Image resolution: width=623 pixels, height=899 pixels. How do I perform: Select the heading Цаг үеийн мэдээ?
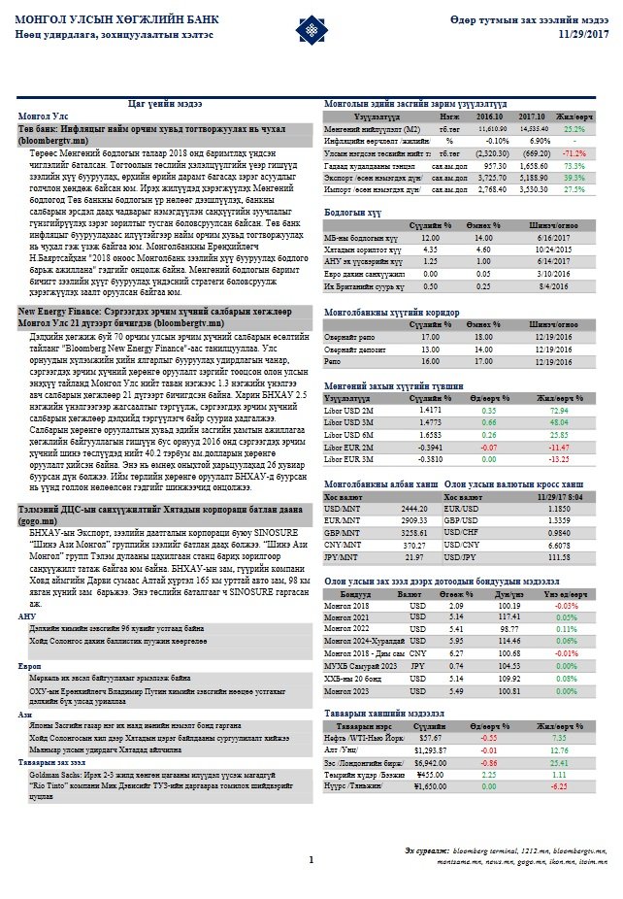[165, 102]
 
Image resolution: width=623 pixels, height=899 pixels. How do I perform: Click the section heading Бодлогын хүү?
[350, 211]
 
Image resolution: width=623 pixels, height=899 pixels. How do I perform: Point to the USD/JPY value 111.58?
[557, 558]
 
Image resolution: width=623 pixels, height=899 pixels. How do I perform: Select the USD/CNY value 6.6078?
[557, 546]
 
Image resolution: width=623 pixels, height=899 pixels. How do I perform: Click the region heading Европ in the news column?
[30, 665]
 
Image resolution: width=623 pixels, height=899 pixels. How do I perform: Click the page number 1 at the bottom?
[311, 859]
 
